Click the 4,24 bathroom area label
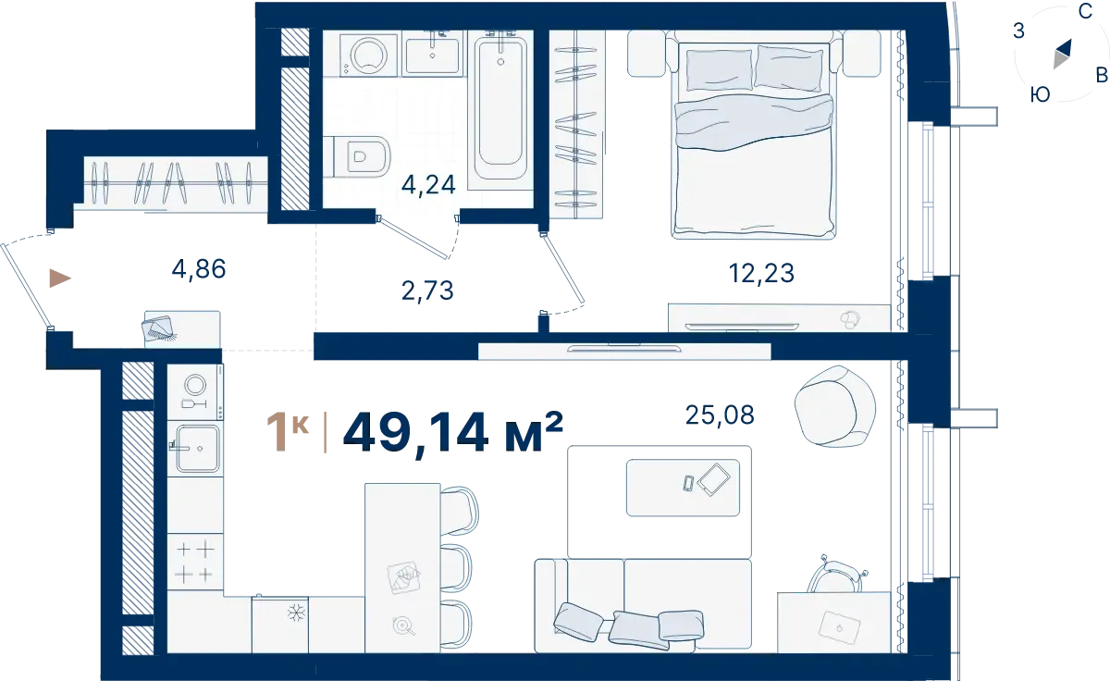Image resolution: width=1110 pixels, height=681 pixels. (x=428, y=185)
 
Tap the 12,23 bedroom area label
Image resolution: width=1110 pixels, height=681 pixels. (x=761, y=273)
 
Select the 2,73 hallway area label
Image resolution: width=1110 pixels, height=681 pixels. (x=427, y=291)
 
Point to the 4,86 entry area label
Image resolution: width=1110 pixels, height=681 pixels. (x=199, y=269)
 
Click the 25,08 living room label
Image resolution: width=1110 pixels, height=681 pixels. (x=720, y=415)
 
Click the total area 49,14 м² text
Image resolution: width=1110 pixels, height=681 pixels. (x=453, y=433)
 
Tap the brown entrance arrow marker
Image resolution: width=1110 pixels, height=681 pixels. (x=60, y=279)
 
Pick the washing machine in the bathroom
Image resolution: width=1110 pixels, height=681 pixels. (x=369, y=55)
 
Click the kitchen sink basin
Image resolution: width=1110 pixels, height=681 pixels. (x=198, y=449)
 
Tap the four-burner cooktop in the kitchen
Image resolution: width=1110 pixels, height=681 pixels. (x=195, y=562)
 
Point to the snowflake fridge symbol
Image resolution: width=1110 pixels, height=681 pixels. (x=296, y=613)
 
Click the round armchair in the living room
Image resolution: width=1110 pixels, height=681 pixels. (x=835, y=406)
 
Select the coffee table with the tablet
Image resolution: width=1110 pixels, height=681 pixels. (x=683, y=488)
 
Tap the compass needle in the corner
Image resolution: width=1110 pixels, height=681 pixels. (x=1062, y=54)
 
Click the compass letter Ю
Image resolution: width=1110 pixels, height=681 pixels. (x=1040, y=94)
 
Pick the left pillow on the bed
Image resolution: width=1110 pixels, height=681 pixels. (x=719, y=70)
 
